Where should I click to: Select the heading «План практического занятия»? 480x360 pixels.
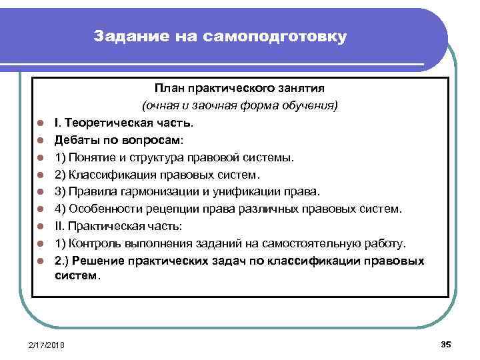coord(239,89)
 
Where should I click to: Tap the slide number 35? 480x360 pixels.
coord(446,343)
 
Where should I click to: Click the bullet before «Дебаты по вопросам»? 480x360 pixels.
coord(40,141)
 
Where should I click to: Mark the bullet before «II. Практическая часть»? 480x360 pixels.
coord(40,227)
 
